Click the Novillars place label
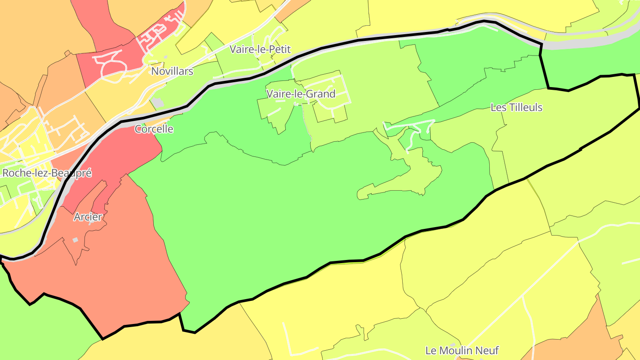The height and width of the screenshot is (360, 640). pos(172,71)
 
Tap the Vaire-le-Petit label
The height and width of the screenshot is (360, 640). pos(260,49)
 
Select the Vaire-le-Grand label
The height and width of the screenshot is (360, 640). pos(301,94)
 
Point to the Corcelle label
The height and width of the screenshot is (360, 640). pos(154,129)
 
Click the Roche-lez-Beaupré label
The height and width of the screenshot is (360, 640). pos(47,173)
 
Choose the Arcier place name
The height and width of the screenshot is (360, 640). pos(88,217)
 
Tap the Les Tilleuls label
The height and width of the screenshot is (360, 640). pos(516,108)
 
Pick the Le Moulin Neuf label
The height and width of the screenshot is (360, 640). pos(462,351)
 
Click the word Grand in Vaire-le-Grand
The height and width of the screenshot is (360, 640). pos(322,94)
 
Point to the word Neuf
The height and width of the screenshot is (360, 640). pos(488,351)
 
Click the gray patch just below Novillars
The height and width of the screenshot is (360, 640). pos(158,103)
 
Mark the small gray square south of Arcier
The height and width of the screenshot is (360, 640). pos(75,240)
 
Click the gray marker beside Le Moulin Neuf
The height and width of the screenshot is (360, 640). pos(452,344)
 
